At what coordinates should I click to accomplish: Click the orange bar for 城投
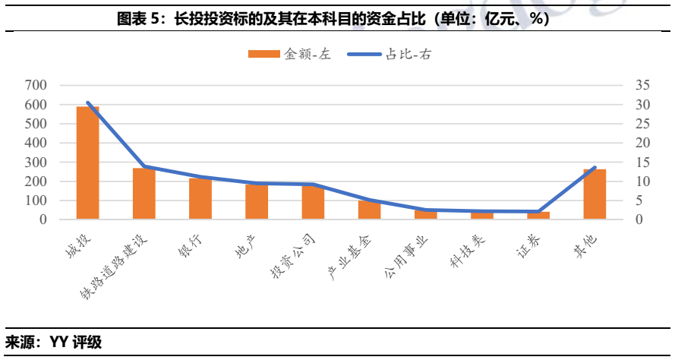click(x=88, y=163)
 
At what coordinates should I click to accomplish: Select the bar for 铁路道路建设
click(x=144, y=194)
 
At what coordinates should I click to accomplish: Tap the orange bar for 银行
click(x=200, y=199)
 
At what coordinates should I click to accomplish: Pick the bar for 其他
click(x=595, y=194)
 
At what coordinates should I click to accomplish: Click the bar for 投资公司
click(x=313, y=202)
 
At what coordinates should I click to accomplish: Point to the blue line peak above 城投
click(x=88, y=103)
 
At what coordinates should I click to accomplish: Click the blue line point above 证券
click(x=538, y=212)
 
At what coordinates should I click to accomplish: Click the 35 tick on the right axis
click(x=643, y=85)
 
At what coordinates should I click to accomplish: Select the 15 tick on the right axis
click(x=643, y=162)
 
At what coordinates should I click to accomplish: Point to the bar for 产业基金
click(x=369, y=210)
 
